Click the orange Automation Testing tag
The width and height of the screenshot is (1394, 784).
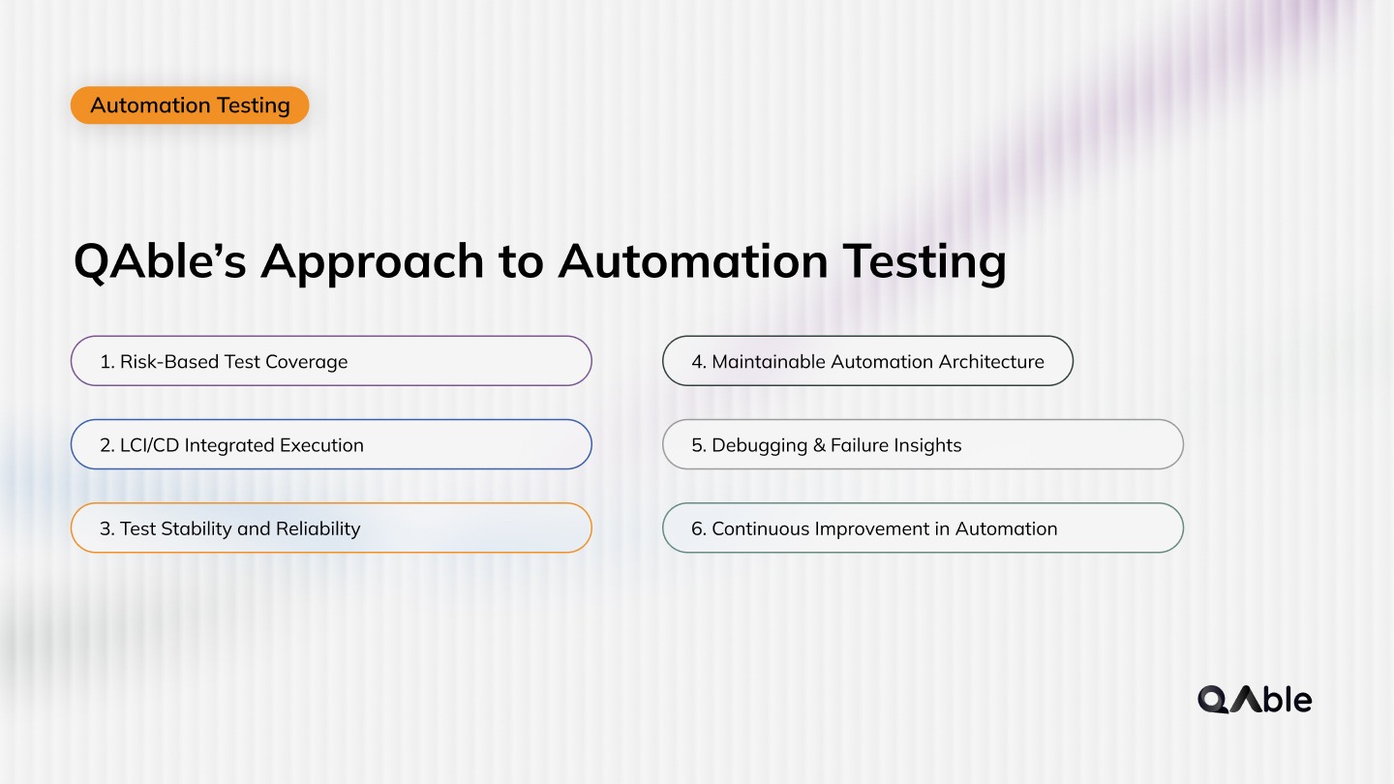(x=190, y=106)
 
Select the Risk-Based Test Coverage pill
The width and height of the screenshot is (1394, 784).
(x=330, y=361)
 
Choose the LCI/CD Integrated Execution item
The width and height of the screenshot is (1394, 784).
(x=330, y=445)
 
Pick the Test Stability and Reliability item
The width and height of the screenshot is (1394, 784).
(x=330, y=528)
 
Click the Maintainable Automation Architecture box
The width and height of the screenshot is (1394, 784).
(x=867, y=361)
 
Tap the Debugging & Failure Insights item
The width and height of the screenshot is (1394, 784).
(x=922, y=445)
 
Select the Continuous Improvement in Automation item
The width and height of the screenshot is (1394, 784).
(x=922, y=528)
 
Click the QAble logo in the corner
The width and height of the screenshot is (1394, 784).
(x=1255, y=699)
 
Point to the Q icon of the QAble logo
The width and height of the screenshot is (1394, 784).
(x=1214, y=699)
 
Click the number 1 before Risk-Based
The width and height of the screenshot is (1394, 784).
(x=106, y=362)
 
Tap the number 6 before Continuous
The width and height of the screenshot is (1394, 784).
(x=697, y=529)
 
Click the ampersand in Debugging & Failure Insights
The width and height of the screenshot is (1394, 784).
(x=818, y=445)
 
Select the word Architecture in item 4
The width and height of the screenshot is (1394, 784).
(x=991, y=362)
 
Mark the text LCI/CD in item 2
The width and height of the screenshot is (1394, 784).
(x=149, y=445)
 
